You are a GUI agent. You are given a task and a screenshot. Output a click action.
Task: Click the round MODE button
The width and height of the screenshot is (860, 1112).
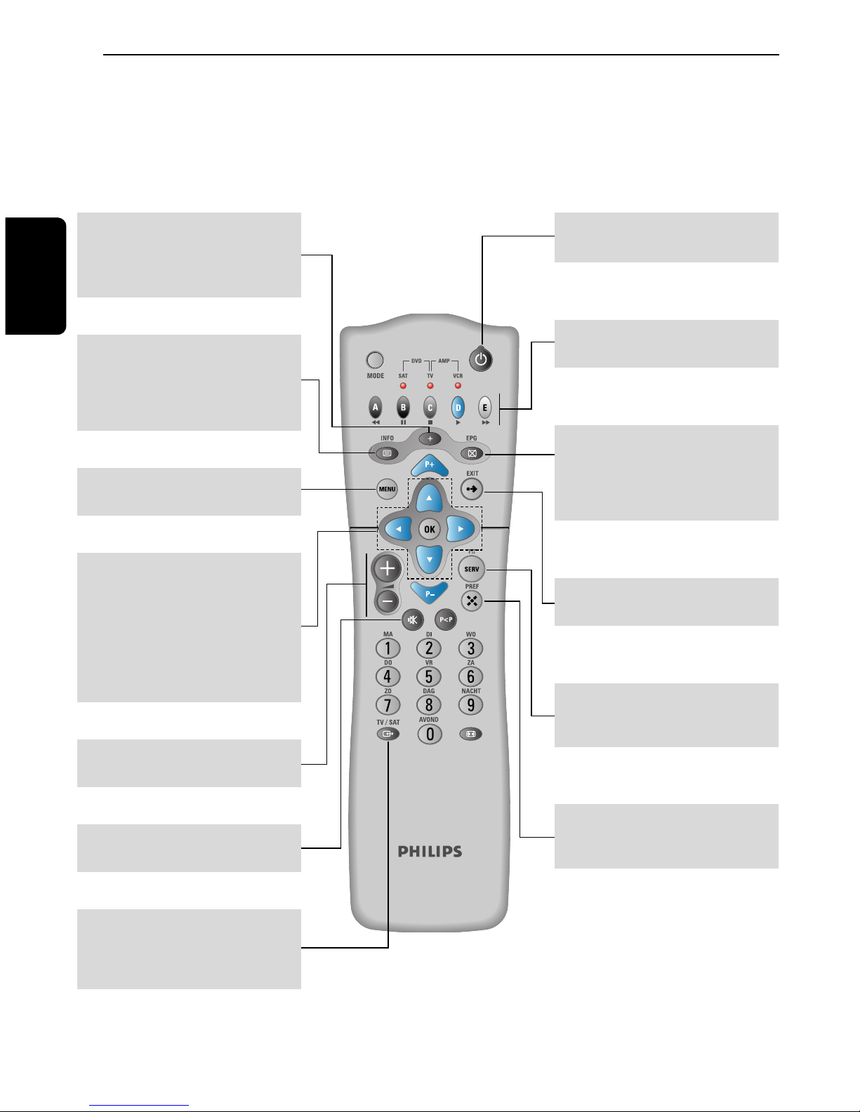coord(376,360)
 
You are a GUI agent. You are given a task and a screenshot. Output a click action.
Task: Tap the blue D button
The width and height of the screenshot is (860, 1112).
coord(458,407)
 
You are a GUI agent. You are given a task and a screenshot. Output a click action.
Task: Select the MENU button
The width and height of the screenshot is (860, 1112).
coord(387,489)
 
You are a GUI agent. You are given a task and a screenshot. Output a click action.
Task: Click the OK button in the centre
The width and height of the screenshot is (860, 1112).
coord(429,530)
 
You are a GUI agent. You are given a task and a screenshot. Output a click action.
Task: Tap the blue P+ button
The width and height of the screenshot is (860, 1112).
coord(429,465)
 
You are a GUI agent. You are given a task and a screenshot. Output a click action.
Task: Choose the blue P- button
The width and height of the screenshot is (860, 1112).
coord(429,594)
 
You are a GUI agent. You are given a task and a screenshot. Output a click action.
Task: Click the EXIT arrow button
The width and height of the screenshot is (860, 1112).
coord(472,489)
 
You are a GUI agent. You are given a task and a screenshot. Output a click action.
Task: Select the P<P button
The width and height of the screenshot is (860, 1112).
coord(446,619)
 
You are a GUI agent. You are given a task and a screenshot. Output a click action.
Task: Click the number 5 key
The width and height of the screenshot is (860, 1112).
coord(429,677)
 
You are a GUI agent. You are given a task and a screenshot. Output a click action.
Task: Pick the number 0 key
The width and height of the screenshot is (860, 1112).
coord(430,735)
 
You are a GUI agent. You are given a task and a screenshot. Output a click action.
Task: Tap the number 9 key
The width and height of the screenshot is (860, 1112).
coord(471,705)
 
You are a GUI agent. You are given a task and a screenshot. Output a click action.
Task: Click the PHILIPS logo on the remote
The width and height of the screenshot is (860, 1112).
coord(430,852)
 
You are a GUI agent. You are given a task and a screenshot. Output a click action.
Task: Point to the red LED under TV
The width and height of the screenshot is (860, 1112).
coord(430,385)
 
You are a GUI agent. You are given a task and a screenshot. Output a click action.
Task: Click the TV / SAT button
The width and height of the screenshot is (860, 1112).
coord(388,734)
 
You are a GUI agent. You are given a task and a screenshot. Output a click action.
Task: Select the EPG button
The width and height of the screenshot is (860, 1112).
coord(472,453)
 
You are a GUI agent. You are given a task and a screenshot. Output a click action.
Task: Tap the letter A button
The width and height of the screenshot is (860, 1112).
coord(376,407)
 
